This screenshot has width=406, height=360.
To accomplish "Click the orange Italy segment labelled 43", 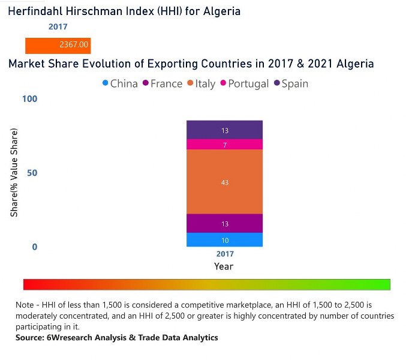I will coord(224,182).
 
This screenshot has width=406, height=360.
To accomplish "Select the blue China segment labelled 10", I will coord(224,240).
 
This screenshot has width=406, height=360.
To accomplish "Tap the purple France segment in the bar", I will coord(224,223).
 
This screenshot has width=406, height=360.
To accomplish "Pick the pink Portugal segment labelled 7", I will coord(224,145).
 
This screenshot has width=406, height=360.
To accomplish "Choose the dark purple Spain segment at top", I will coord(224,130).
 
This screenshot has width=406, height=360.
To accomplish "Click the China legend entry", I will coord(120,83).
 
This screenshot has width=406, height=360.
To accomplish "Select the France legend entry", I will coord(162,83).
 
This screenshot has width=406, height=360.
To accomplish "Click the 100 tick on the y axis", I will coord(30,98).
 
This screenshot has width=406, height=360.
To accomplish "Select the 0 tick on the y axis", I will coord(34,247).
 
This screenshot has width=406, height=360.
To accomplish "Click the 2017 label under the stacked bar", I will coord(224,254).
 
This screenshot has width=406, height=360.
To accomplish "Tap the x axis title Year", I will coord(224,266).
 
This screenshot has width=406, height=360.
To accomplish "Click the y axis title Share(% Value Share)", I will coord(14,173).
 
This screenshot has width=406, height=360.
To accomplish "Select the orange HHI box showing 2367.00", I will coord(58,45).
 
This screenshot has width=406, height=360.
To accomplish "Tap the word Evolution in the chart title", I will coord(140,64).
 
